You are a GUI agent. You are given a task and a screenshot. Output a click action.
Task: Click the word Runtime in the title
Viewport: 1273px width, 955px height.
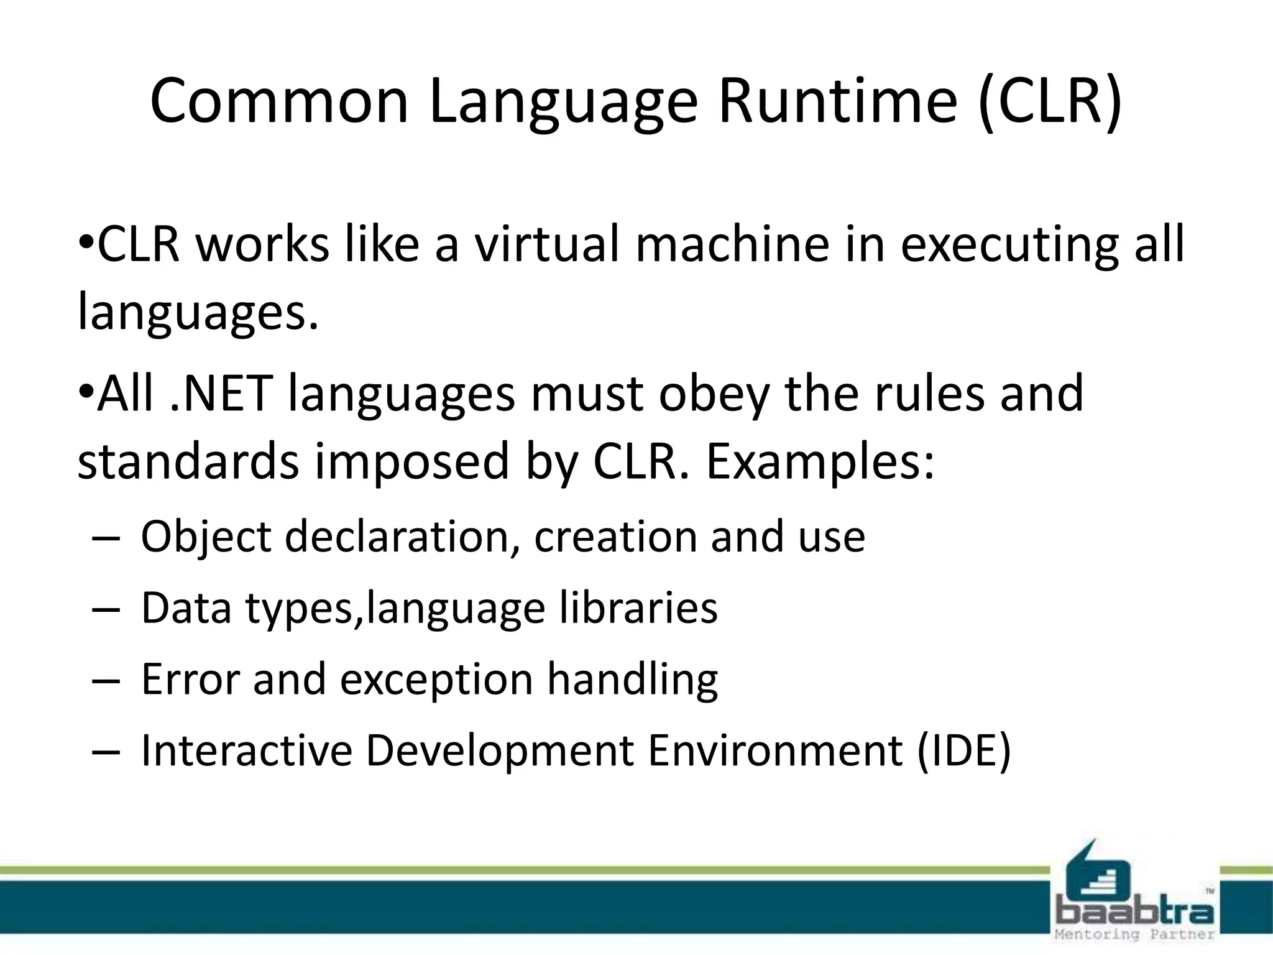(837, 101)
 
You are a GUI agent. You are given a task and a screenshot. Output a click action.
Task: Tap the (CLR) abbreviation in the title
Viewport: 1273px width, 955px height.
(1050, 101)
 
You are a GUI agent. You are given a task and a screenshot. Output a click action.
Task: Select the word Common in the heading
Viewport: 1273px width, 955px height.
(279, 101)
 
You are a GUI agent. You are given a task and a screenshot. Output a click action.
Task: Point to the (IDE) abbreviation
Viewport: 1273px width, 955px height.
(964, 750)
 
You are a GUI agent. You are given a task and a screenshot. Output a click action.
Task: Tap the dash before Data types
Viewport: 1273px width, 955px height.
(104, 609)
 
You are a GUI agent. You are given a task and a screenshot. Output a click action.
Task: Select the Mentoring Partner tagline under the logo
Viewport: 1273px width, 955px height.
(1134, 934)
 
